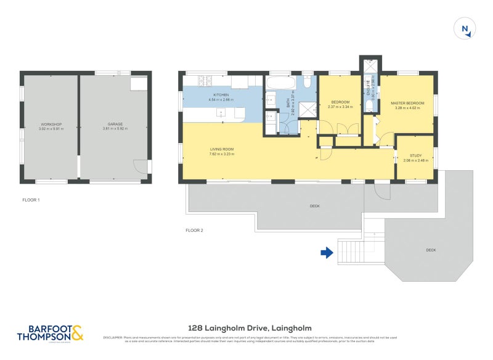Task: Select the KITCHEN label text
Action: point(221,95)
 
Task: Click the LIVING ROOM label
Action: point(221,149)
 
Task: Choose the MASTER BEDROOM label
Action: point(407,103)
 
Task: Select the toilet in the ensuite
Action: point(369,106)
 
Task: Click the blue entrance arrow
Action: point(327,252)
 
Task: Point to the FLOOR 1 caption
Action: point(30,200)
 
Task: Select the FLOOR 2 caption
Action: point(195,230)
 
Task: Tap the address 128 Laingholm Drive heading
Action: point(250,329)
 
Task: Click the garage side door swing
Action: point(141,167)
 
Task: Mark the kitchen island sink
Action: point(221,113)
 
